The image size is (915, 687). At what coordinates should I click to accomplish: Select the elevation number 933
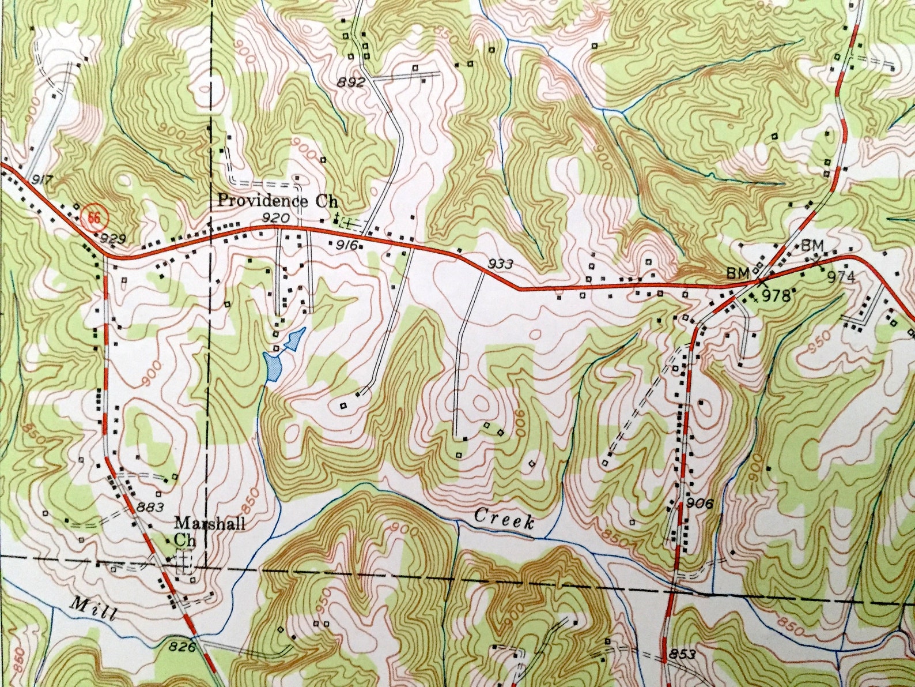[x=500, y=264]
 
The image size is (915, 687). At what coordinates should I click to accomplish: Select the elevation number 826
[x=182, y=648]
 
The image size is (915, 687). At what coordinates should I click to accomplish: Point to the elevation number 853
[x=682, y=655]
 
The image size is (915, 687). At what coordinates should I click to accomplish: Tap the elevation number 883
[x=151, y=508]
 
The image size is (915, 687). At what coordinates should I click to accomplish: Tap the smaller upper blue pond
[x=295, y=339]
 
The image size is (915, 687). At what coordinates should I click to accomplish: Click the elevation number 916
[x=348, y=246]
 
